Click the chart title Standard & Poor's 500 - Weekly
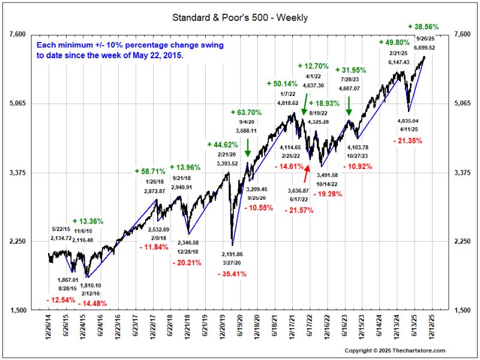tap(240, 18)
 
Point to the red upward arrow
tap(307, 173)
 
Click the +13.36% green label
tap(88, 221)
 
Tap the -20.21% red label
tap(188, 262)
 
